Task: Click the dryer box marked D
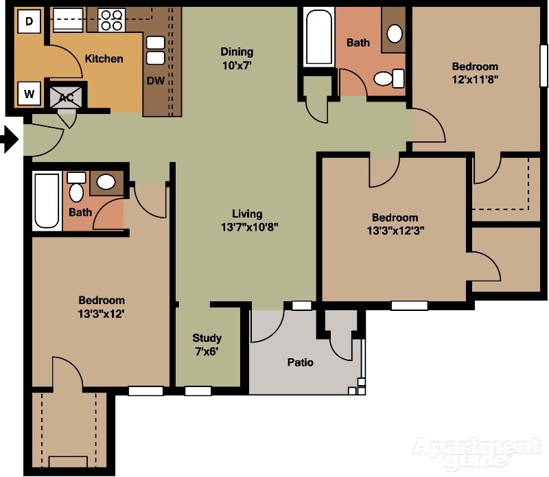[28, 21]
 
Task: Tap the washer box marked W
[28, 93]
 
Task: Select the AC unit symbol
[67, 97]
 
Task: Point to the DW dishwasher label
[155, 81]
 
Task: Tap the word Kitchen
[104, 58]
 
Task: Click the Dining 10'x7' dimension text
[237, 66]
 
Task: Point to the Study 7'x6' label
[207, 345]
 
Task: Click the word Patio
[300, 362]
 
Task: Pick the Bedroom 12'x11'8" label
[475, 73]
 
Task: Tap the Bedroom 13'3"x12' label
[102, 307]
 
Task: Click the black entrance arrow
[9, 141]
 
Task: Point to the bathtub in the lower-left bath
[47, 200]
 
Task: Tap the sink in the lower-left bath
[106, 182]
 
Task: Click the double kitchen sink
[156, 50]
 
